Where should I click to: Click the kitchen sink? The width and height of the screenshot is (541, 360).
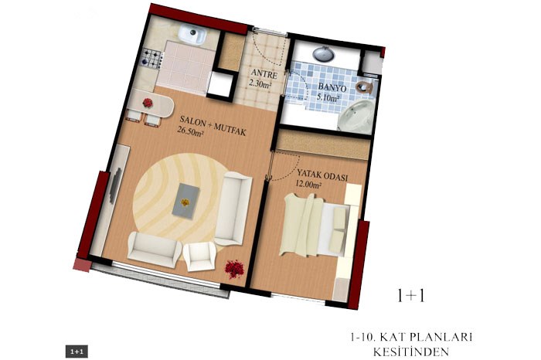[x=192, y=35]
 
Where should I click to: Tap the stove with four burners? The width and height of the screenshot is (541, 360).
[x=151, y=57]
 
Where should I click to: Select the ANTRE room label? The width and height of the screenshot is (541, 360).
[x=264, y=74]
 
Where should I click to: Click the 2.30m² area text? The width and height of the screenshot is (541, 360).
[x=260, y=83]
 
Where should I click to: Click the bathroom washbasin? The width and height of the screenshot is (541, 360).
[x=324, y=53]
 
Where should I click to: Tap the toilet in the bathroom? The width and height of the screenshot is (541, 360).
[x=364, y=87]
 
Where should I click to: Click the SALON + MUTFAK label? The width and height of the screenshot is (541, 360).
[x=213, y=125]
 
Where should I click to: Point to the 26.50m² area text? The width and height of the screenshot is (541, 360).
[x=190, y=131]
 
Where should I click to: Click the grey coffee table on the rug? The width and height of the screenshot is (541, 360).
[x=185, y=201]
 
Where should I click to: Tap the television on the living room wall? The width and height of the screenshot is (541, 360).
[x=114, y=185]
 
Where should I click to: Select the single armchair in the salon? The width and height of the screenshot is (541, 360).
[x=199, y=256]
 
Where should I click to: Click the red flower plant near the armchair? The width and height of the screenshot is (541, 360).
[x=234, y=268]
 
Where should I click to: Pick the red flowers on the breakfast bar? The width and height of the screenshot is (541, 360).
[x=148, y=103]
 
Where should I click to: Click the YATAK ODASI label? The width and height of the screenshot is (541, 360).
[x=322, y=175]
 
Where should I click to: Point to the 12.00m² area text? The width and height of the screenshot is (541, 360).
[x=308, y=185]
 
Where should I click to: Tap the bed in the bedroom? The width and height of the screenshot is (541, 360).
[x=315, y=225]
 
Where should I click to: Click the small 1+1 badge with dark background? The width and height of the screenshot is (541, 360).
[x=77, y=352]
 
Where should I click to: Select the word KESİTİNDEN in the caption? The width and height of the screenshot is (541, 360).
[x=411, y=352]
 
